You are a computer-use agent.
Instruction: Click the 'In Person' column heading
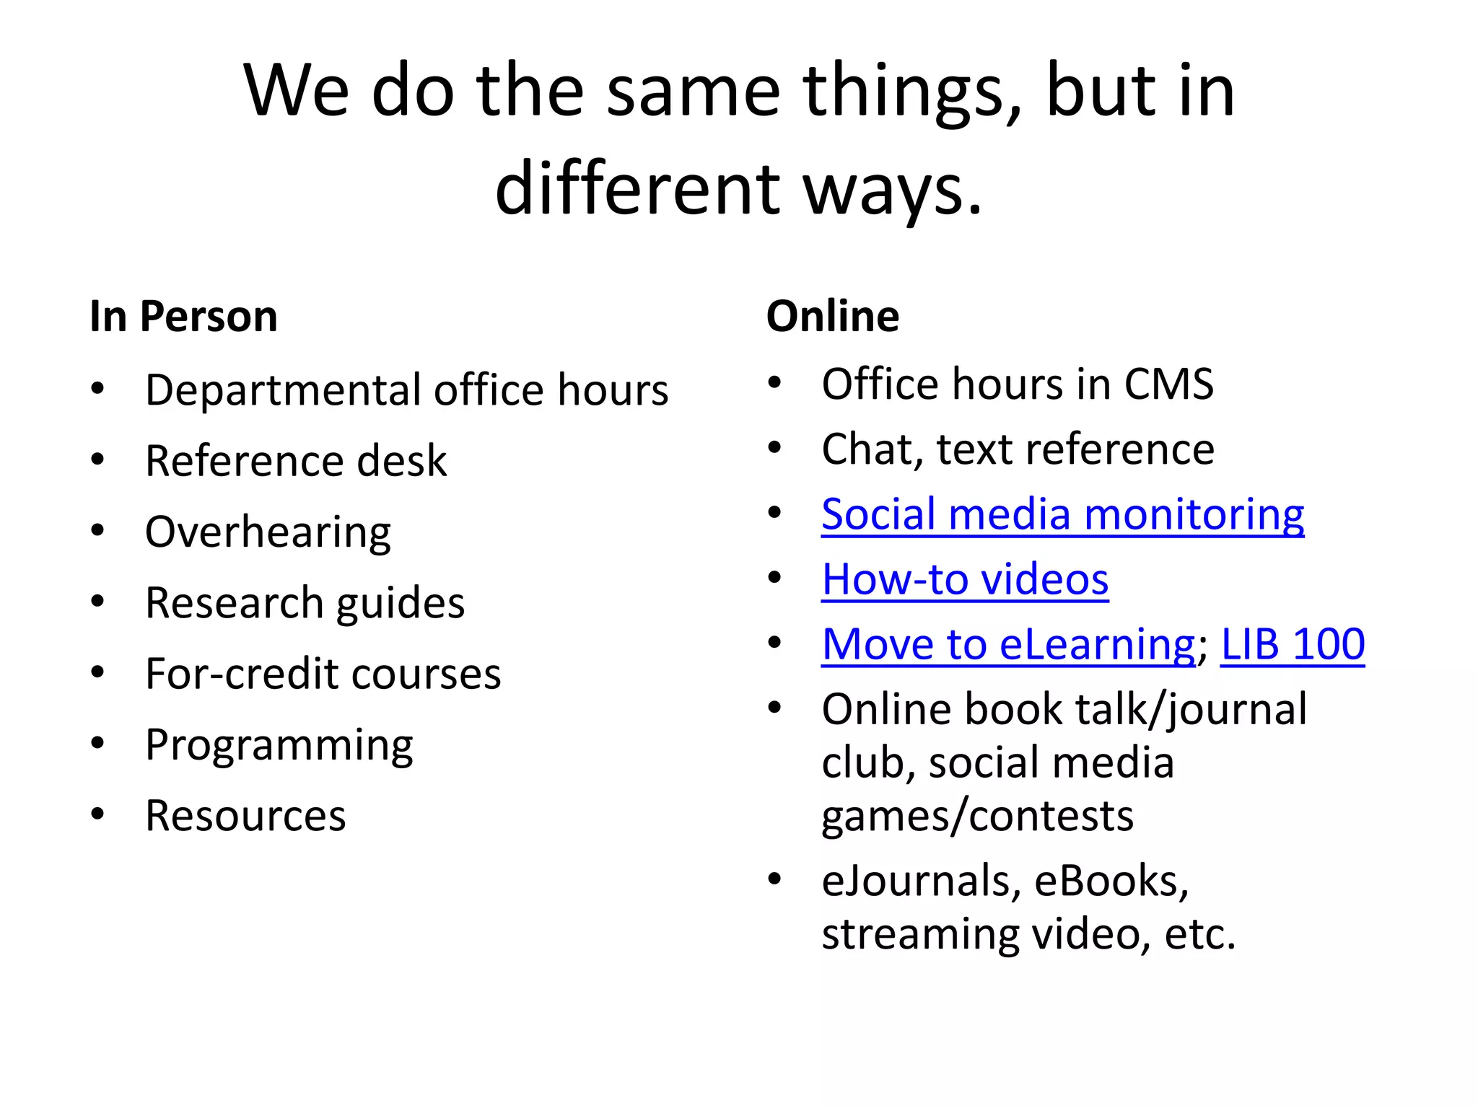[183, 317]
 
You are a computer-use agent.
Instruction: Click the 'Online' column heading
[832, 317]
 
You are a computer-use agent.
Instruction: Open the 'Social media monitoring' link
[1062, 515]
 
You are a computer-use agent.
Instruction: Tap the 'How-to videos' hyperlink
[965, 580]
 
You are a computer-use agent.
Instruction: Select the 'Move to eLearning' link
[1008, 644]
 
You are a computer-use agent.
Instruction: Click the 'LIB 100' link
[1292, 644]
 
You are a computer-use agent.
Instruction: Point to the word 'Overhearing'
[268, 532]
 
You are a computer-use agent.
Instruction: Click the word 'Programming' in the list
[279, 745]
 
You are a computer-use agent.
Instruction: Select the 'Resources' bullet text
[245, 816]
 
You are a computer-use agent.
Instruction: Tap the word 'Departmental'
[283, 390]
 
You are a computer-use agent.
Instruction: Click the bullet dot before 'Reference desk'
[98, 460]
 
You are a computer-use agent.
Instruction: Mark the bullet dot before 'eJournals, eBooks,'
[774, 879]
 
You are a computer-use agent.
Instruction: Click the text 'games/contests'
[977, 816]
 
